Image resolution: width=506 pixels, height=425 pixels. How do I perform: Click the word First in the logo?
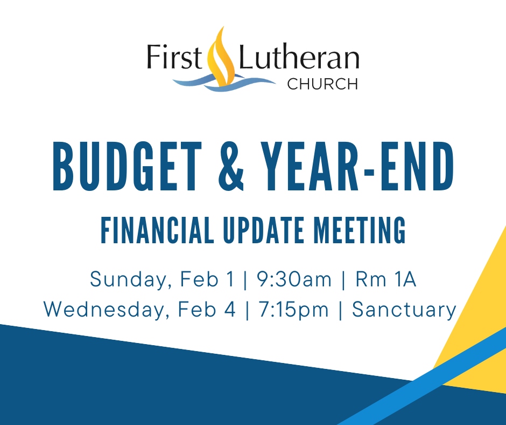174,57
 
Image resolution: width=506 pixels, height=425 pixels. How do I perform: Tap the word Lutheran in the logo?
299,57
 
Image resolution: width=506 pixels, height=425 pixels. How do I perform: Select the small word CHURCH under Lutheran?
322,84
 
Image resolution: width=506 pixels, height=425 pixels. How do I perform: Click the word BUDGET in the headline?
127,166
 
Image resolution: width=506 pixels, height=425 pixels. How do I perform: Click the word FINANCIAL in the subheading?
157,230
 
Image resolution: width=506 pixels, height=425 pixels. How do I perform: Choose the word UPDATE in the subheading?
264,230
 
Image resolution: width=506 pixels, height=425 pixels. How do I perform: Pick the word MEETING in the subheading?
360,230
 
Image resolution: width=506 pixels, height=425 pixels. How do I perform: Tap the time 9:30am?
294,279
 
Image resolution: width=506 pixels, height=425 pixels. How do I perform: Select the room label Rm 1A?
386,279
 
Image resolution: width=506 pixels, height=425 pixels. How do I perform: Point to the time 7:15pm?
293,310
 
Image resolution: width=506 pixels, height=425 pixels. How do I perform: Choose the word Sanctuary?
404,310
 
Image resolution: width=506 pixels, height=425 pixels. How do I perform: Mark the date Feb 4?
207,309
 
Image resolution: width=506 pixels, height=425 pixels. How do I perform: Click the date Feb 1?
207,279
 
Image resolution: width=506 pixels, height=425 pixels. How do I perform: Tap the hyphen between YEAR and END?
369,171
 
